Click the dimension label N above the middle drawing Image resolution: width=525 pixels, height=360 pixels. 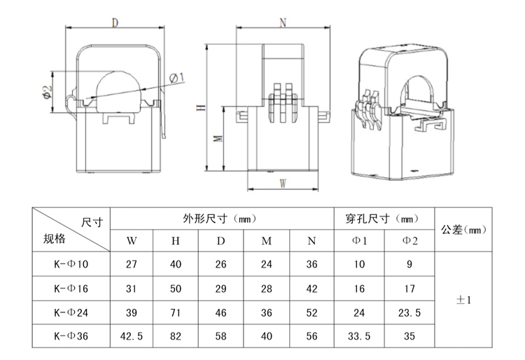pyautogui.click(x=283, y=22)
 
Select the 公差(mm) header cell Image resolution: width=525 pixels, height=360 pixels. pyautogui.click(x=465, y=229)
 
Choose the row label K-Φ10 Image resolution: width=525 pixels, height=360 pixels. pyautogui.click(x=72, y=265)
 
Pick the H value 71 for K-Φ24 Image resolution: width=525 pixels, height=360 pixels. pyautogui.click(x=176, y=312)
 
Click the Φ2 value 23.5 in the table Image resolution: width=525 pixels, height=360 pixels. pyautogui.click(x=409, y=312)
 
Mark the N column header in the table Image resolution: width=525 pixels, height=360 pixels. pyautogui.click(x=311, y=241)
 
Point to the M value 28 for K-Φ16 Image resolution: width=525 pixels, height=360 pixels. pyautogui.click(x=266, y=288)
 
